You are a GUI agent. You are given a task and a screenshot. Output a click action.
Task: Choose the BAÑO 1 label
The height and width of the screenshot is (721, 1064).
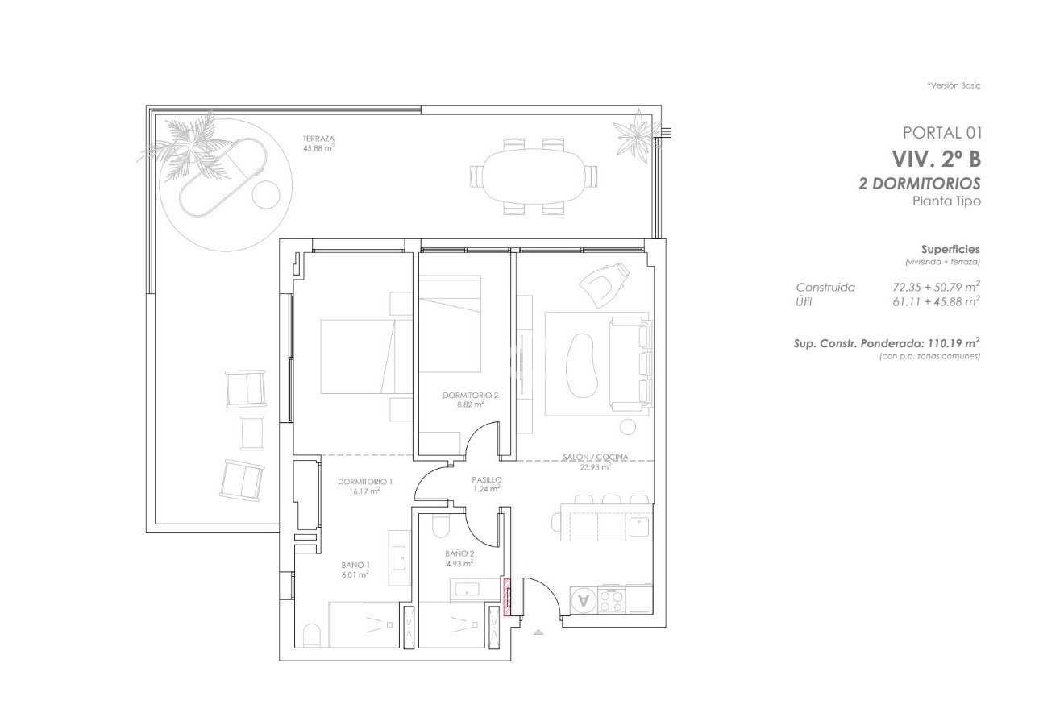(x=355, y=570)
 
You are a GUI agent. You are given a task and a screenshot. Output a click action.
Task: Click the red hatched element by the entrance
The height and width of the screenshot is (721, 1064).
(x=507, y=596)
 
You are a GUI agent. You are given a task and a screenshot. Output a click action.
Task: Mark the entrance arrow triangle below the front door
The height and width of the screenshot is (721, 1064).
(x=538, y=633)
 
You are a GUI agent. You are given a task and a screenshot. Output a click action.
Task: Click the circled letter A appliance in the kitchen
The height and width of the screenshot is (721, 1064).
(x=584, y=599)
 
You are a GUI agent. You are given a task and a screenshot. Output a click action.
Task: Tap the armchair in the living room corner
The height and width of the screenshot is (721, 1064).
(x=604, y=282)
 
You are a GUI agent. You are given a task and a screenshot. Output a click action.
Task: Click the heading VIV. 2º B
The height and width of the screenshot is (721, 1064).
(x=935, y=158)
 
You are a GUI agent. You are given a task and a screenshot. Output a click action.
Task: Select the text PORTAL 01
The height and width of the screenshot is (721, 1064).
(x=941, y=132)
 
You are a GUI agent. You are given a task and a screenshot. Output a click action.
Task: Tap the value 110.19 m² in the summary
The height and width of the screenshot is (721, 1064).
(x=952, y=342)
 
